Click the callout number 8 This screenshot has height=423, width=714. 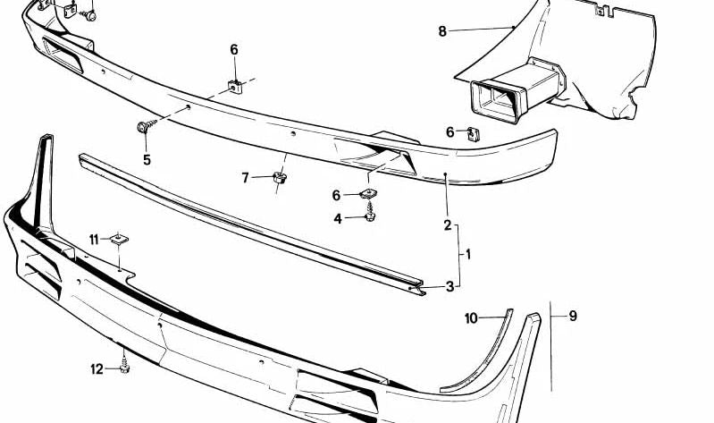pyautogui.click(x=442, y=31)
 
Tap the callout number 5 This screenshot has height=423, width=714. pyautogui.click(x=147, y=160)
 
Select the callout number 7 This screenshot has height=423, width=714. pyautogui.click(x=246, y=178)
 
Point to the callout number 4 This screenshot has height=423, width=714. pyautogui.click(x=338, y=219)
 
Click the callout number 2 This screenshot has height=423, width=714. pyautogui.click(x=448, y=224)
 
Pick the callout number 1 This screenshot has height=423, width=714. pyautogui.click(x=468, y=254)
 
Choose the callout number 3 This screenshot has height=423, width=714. pyautogui.click(x=449, y=287)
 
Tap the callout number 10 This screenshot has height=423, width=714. pyautogui.click(x=471, y=318)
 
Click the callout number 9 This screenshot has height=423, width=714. pyautogui.click(x=573, y=316)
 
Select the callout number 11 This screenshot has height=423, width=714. pyautogui.click(x=94, y=240)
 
